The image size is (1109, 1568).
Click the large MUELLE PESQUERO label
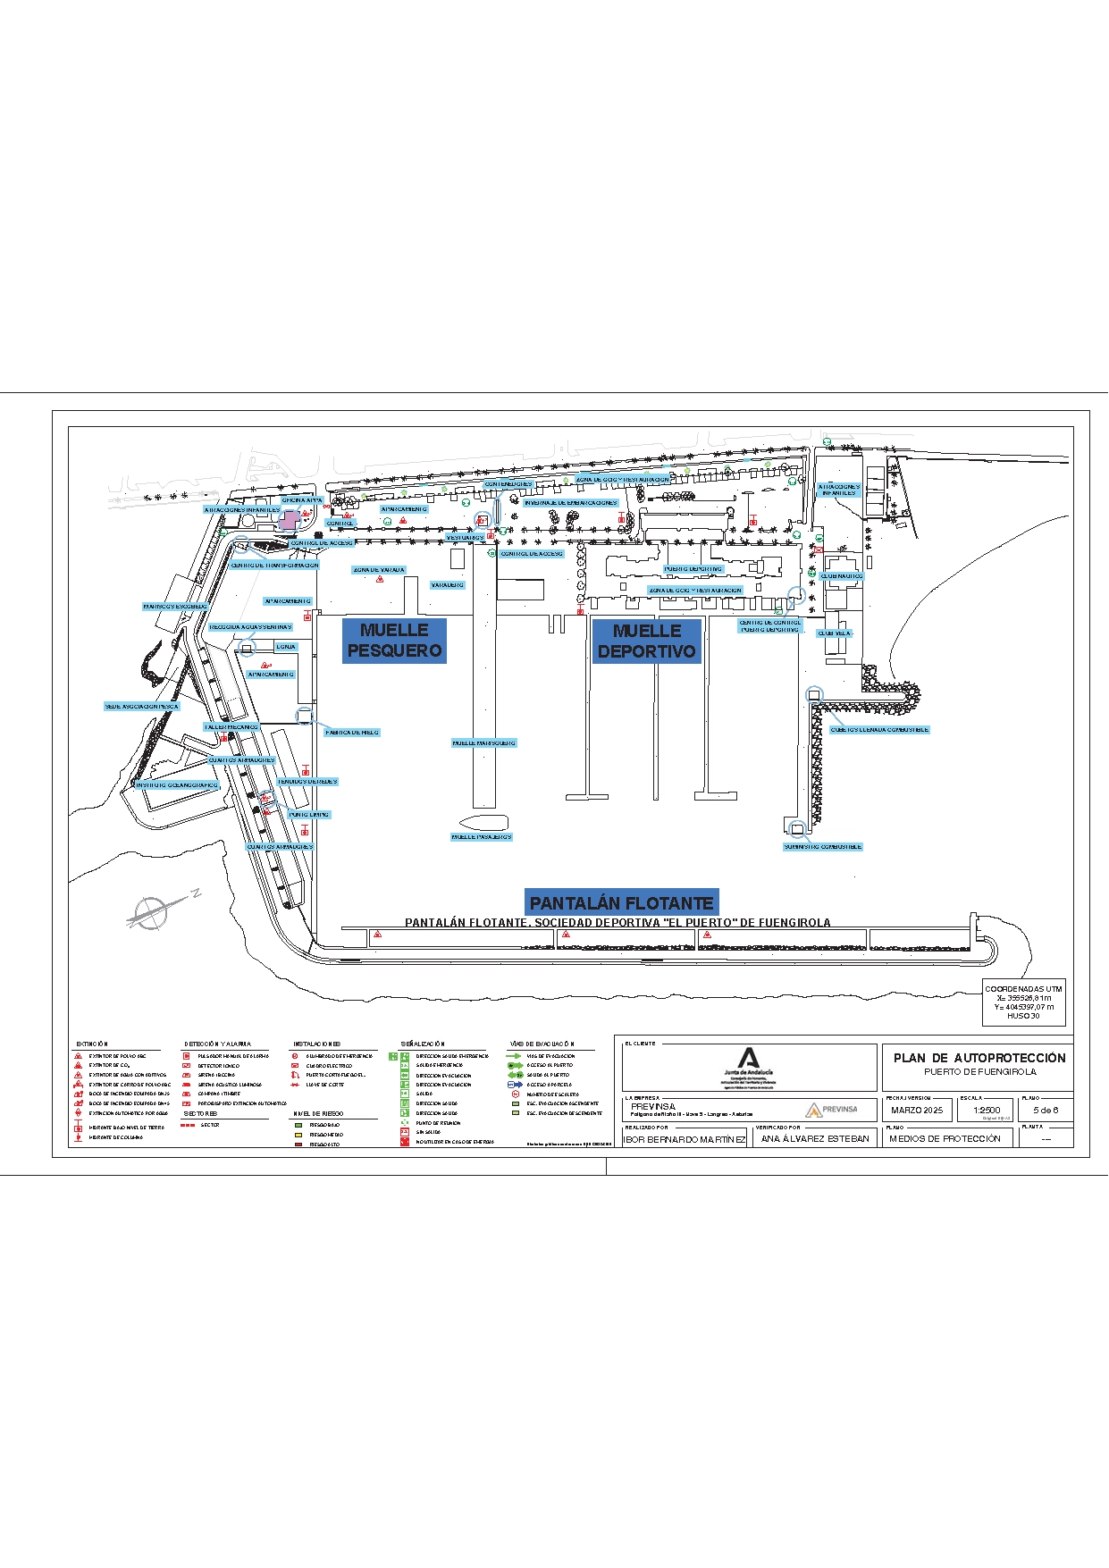394,641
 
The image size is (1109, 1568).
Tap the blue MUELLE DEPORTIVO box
646,641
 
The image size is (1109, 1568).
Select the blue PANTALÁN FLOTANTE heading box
621,903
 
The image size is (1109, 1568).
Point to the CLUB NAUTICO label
842,576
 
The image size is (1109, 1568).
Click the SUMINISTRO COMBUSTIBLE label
822,847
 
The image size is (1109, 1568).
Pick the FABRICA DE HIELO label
352,733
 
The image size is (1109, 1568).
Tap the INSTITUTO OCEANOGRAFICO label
177,785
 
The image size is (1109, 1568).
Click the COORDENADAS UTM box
1023,1002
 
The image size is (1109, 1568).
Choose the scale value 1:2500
987,1110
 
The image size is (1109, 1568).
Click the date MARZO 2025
917,1110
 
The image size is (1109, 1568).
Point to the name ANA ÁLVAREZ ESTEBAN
815,1139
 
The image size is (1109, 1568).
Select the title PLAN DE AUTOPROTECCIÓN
979,1058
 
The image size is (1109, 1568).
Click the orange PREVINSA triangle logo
813,1111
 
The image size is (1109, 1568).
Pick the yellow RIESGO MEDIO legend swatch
298,1135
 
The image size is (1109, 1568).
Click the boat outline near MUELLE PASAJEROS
483,822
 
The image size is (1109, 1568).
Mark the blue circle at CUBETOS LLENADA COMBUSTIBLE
813,695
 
